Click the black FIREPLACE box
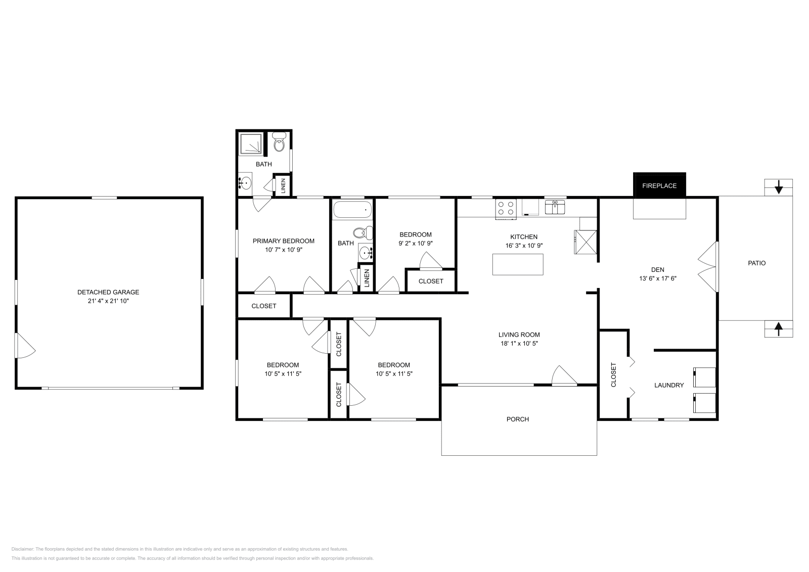click(659, 185)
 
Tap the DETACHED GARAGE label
click(108, 292)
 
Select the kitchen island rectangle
click(518, 264)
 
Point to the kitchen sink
click(555, 207)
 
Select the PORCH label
click(518, 419)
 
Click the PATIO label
click(757, 263)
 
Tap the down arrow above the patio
click(779, 187)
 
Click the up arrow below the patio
click(779, 329)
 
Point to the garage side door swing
click(24, 346)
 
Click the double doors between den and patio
click(708, 267)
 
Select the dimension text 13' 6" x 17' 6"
click(658, 278)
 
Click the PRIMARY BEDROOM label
click(284, 241)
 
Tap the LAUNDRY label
click(669, 385)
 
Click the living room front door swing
click(563, 376)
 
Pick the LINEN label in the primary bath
click(283, 185)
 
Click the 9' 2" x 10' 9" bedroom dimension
click(416, 243)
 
